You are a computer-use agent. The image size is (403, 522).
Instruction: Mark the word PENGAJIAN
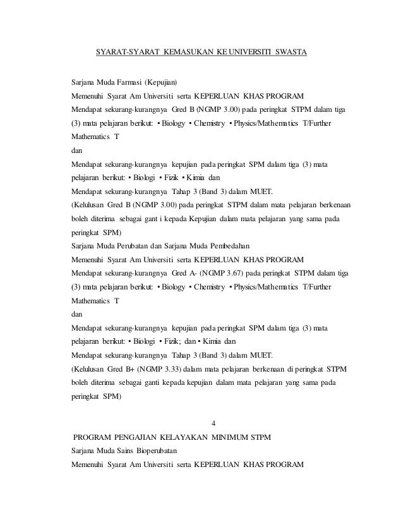click(140, 436)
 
